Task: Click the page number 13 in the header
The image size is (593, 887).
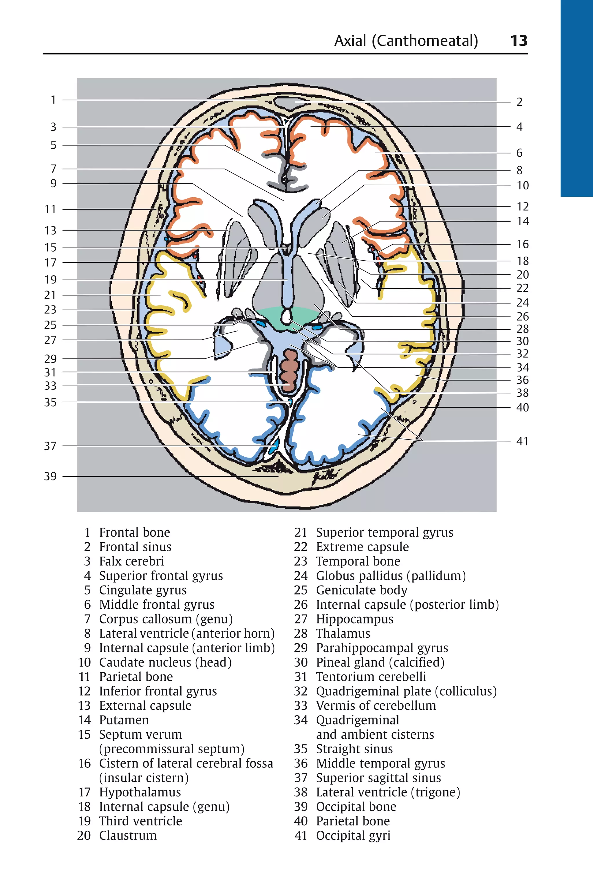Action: point(519,41)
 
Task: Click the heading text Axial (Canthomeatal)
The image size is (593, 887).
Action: point(406,41)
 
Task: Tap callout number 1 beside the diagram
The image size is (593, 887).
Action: point(53,100)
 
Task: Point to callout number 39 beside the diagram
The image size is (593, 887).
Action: point(50,476)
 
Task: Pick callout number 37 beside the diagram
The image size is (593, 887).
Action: point(50,446)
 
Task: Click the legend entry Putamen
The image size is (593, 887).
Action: point(124,720)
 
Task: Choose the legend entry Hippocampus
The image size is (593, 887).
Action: point(354,619)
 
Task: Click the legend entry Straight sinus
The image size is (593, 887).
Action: point(354,749)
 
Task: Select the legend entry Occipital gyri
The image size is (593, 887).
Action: point(353,835)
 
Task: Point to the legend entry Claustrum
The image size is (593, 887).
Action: point(128,835)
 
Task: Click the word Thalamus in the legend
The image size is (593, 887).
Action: point(343,633)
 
